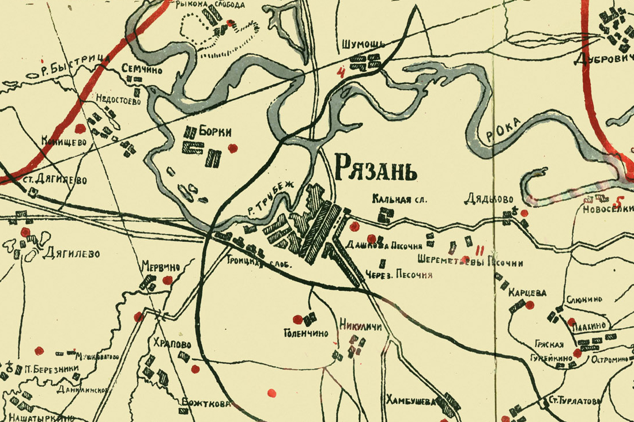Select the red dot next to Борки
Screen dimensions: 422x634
click(232, 149)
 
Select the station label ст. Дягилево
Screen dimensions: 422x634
click(55, 180)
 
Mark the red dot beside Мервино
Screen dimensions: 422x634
click(168, 280)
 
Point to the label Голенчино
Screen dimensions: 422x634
click(305, 333)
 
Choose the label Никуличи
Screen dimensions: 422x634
click(361, 324)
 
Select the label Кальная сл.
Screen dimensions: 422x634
click(399, 200)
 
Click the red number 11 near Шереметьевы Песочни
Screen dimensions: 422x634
click(480, 250)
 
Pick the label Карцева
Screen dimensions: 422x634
click(527, 292)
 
